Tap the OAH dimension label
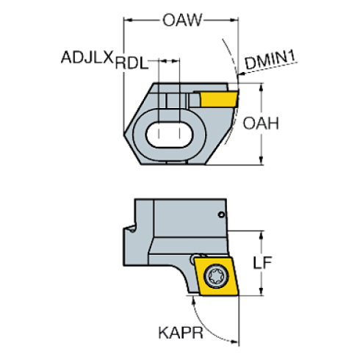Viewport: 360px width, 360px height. (262, 123)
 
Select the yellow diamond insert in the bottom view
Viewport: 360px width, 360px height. (219, 276)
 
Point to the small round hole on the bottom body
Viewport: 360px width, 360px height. (223, 215)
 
